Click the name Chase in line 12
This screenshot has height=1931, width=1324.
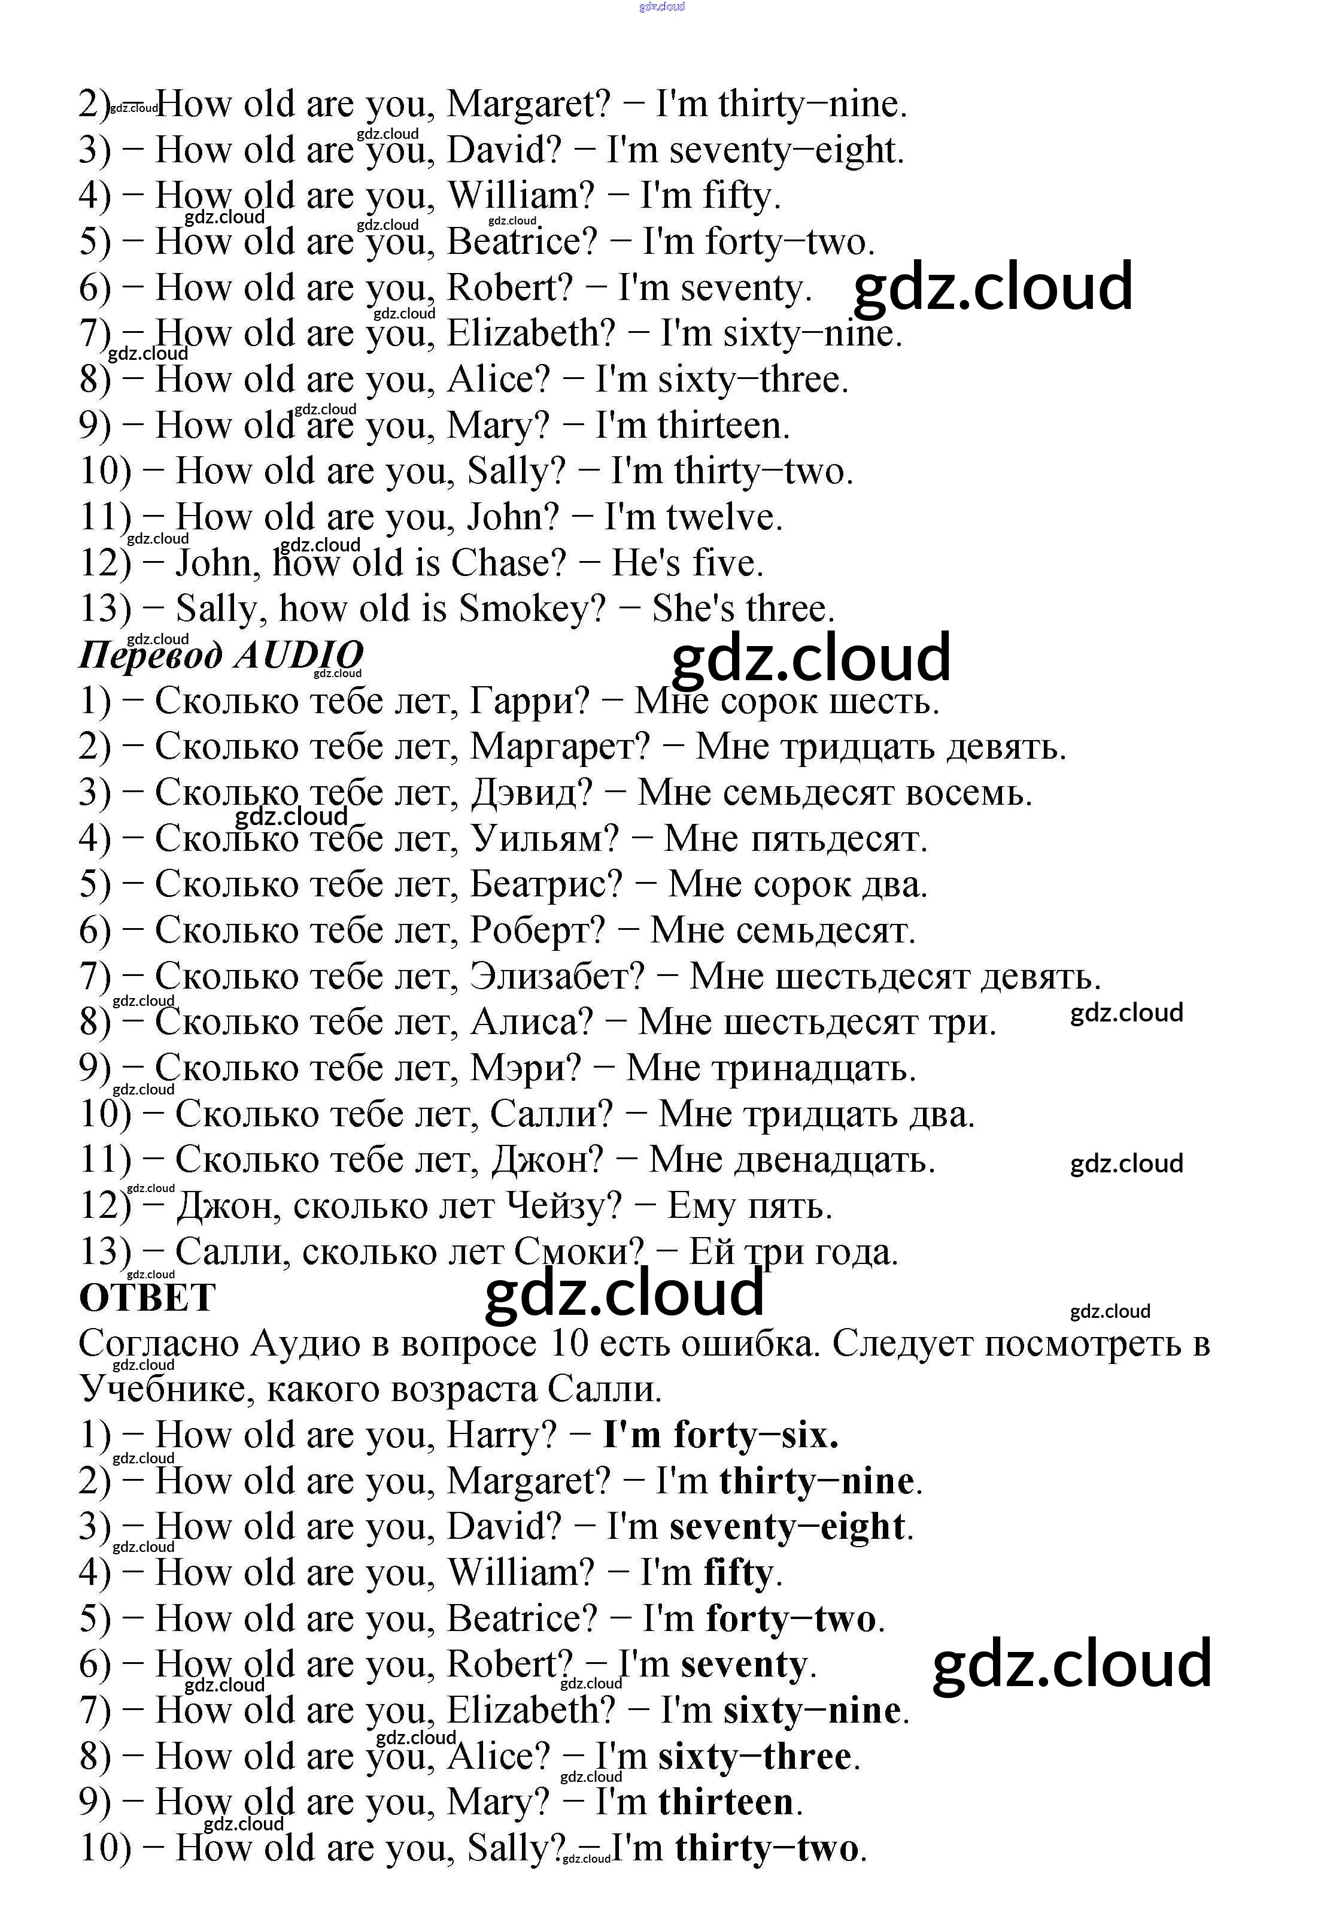[506, 563]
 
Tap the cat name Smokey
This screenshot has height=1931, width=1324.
[532, 609]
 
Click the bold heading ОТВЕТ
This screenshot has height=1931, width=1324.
[147, 1297]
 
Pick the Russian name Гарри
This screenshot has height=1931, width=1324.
[529, 701]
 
